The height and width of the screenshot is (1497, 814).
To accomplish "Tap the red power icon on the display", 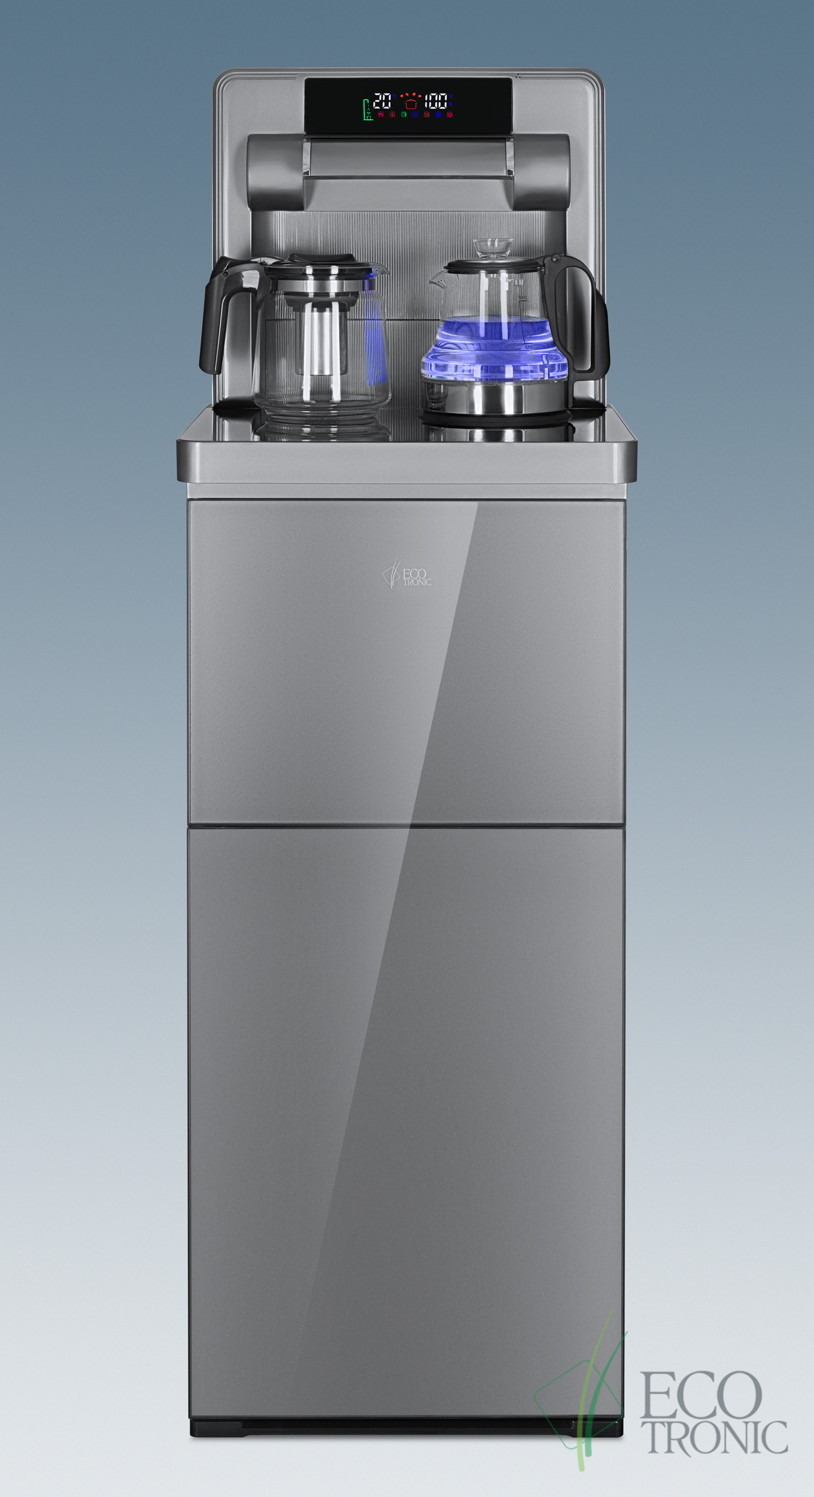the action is click(x=449, y=114).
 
